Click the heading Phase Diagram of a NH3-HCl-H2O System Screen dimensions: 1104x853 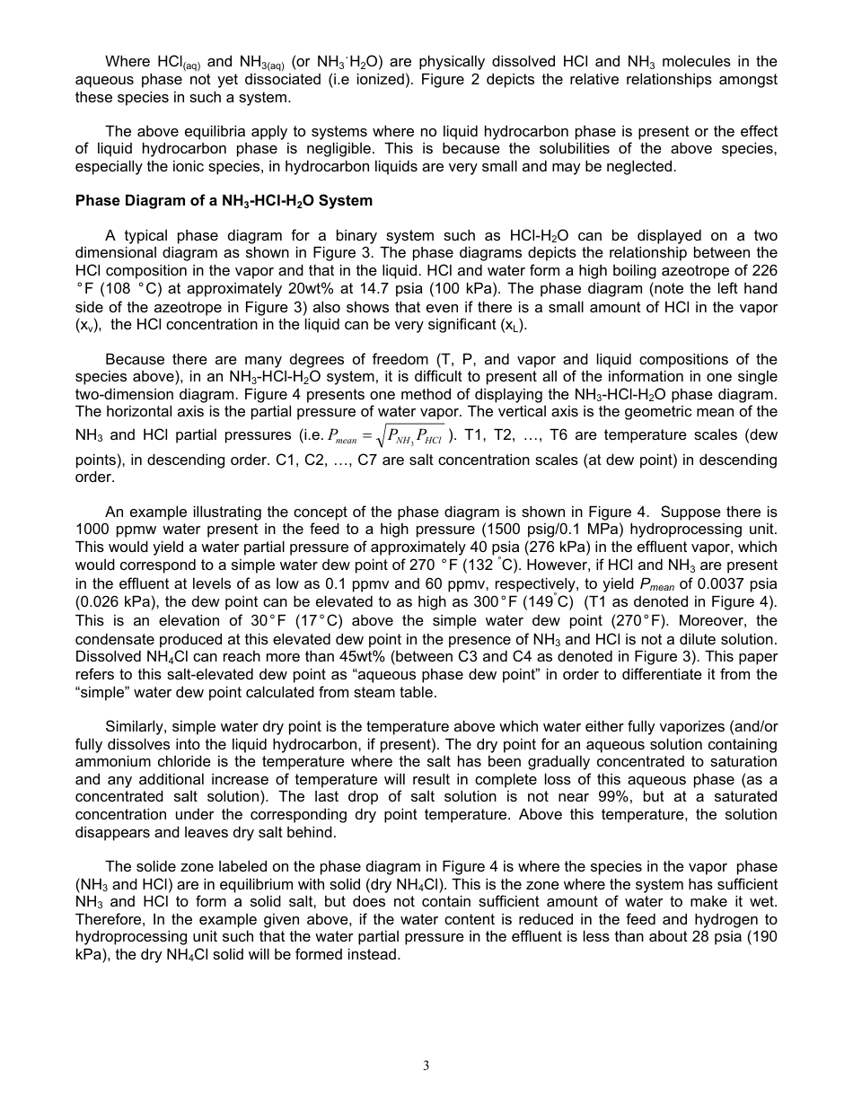(224, 201)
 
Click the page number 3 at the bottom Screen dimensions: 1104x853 (426, 1065)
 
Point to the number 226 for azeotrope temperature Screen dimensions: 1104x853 (764, 271)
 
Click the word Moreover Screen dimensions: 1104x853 (689, 621)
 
